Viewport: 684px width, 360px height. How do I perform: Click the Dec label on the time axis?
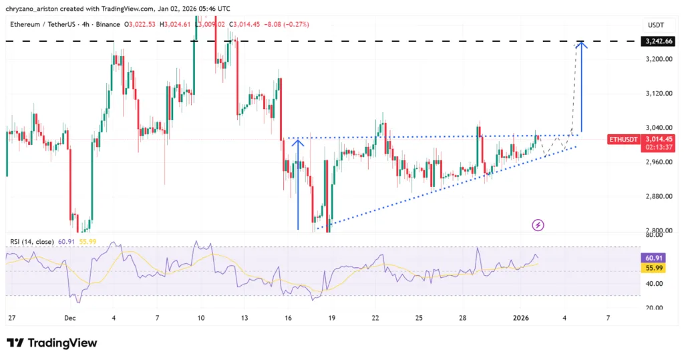point(70,318)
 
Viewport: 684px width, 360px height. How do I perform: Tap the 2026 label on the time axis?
point(521,318)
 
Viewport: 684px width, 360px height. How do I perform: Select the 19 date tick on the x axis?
point(332,318)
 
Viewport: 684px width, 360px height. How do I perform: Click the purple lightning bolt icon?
point(538,225)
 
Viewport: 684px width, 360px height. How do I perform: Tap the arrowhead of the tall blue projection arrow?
point(582,45)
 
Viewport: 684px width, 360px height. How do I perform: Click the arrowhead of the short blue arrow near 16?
point(298,142)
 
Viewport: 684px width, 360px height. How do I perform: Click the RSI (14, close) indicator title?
point(34,241)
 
